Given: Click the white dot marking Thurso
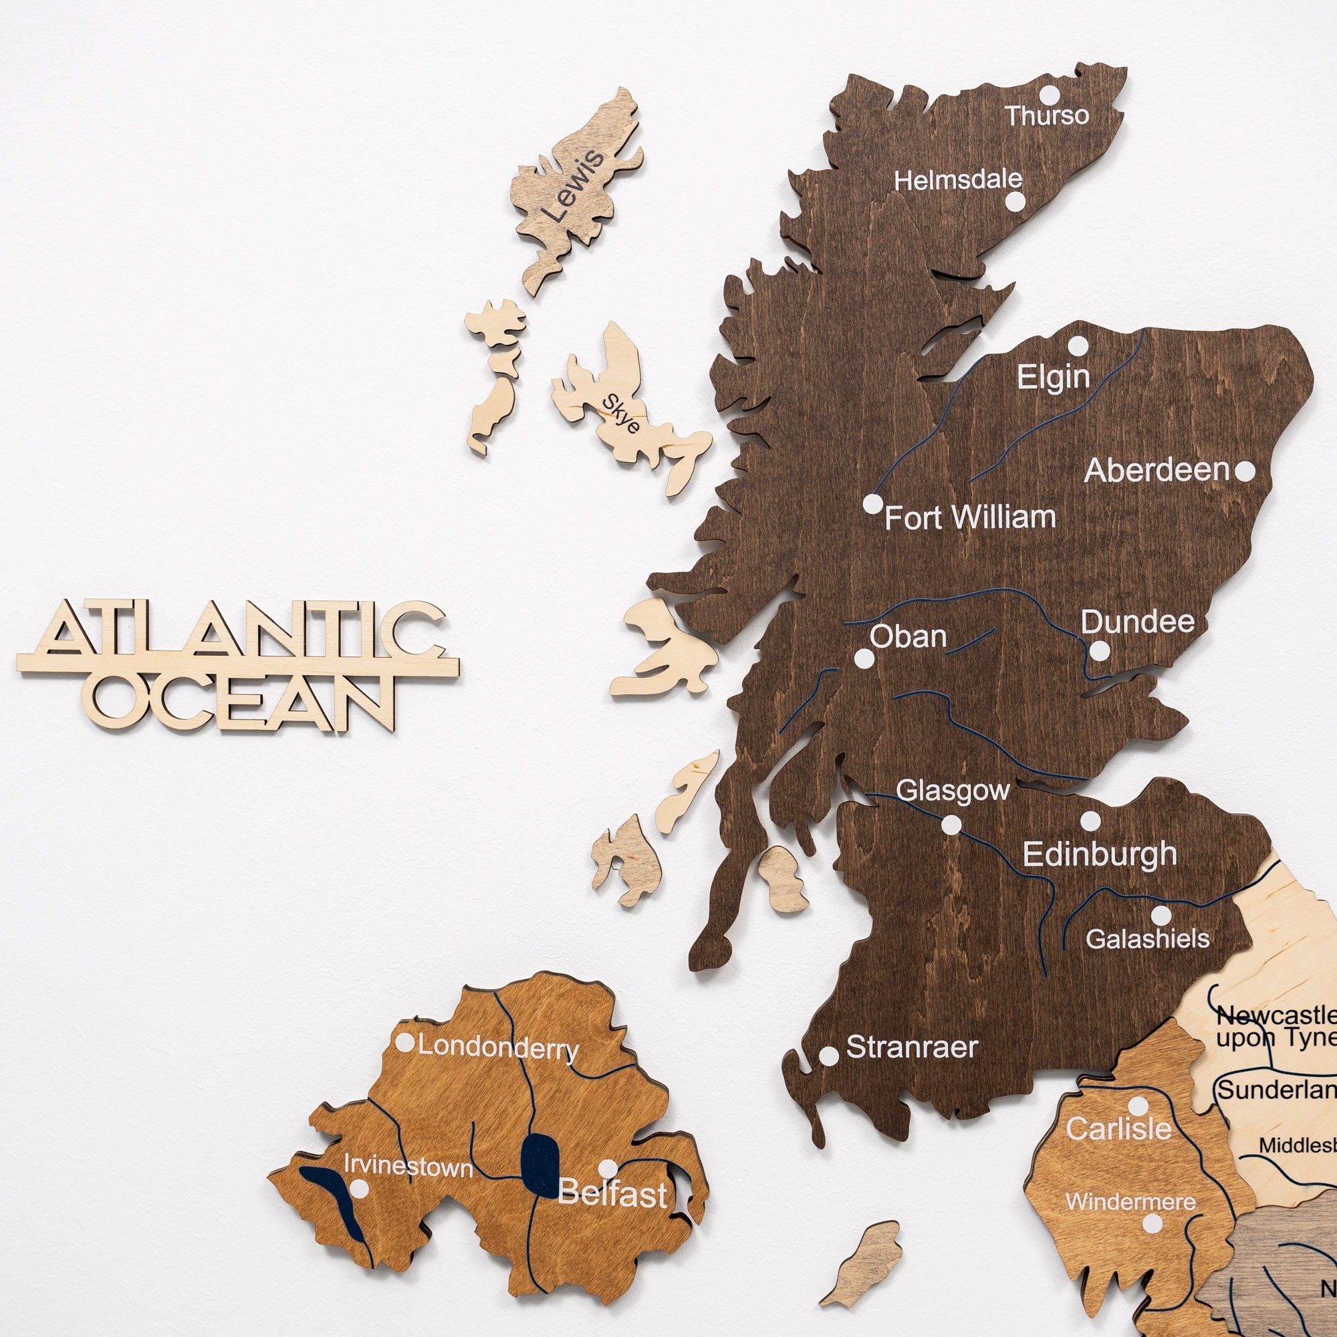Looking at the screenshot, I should click(x=1050, y=95).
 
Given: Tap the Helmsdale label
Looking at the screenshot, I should click(x=958, y=180).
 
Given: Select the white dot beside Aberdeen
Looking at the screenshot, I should click(x=1244, y=471).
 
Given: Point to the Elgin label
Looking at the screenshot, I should click(x=1054, y=378).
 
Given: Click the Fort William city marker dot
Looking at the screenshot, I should click(x=873, y=504).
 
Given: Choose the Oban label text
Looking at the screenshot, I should click(x=908, y=636).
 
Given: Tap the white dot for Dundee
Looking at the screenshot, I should click(x=1099, y=651).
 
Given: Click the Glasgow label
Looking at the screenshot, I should click(x=952, y=791).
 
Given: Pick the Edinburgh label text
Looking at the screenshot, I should click(x=1099, y=854).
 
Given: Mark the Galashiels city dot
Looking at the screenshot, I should click(x=1161, y=916).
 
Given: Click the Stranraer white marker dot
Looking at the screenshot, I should click(x=828, y=1056).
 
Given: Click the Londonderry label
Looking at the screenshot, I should click(x=498, y=1048).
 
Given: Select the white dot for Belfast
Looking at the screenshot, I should click(x=608, y=1169).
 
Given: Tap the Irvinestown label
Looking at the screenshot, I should click(x=408, y=1167).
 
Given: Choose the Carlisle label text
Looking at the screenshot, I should click(x=1118, y=1129).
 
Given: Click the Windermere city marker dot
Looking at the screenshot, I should click(x=1152, y=1223).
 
